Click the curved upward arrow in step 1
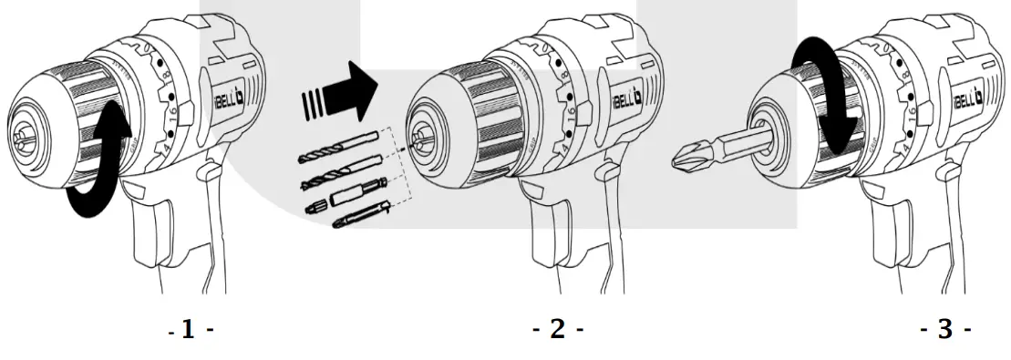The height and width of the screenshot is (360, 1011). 98,165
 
